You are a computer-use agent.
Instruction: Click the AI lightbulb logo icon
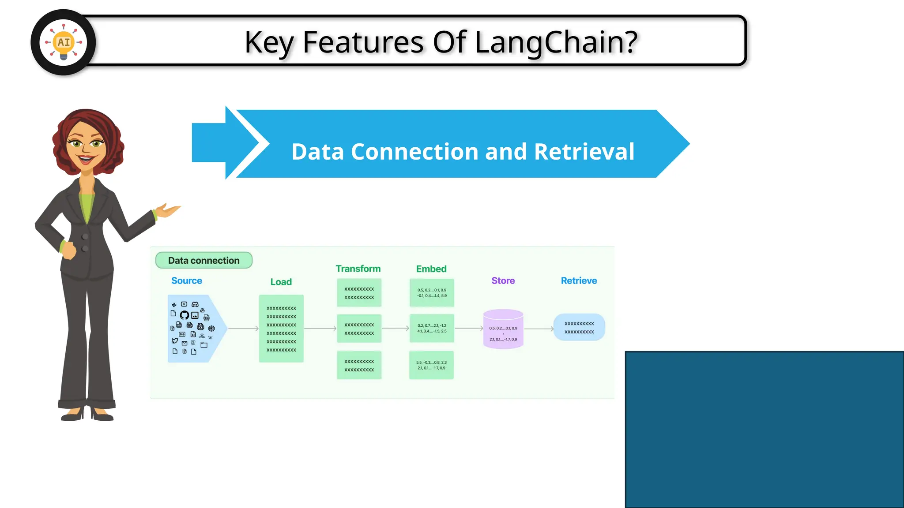coord(63,42)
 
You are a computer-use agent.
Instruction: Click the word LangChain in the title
coord(556,42)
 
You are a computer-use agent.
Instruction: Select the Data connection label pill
coord(203,260)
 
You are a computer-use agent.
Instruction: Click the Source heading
coord(186,281)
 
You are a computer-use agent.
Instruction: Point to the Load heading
coord(281,282)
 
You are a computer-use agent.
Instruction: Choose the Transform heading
coord(358,269)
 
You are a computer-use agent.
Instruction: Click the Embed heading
coord(431,269)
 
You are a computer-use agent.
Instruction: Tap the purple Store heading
coord(503,280)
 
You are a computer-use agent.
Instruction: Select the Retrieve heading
coord(579,280)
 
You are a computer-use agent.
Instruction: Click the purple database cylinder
coord(503,329)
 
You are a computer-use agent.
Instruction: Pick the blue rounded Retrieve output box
coord(579,327)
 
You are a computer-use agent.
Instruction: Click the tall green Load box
coord(281,329)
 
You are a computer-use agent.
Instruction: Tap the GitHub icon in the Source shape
coord(185,315)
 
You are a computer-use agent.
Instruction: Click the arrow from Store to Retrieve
coord(539,329)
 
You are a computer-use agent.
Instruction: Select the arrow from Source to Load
coord(243,329)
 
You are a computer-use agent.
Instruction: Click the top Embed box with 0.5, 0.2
coord(432,293)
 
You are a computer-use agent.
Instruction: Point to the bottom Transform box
coord(359,365)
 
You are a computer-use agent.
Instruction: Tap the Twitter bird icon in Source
coord(175,340)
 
